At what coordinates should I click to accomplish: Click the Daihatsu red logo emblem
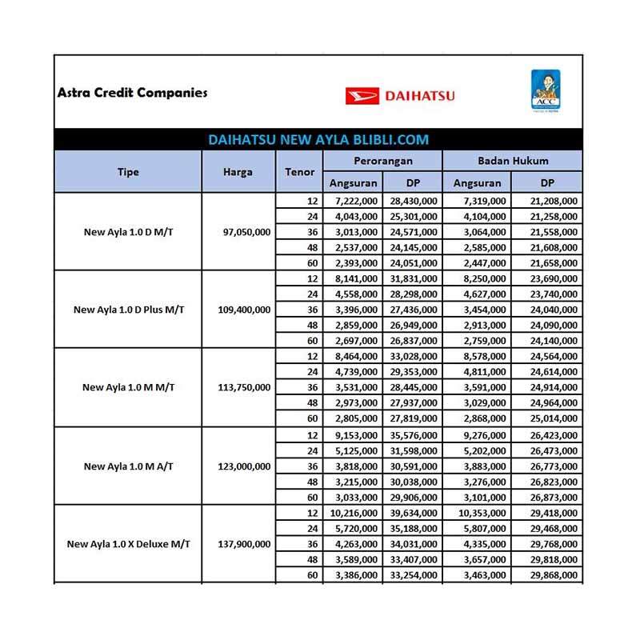(x=362, y=96)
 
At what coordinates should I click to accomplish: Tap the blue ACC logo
(x=545, y=92)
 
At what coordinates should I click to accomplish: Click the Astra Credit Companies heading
(x=132, y=92)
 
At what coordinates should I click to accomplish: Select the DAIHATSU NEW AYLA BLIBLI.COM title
(x=318, y=139)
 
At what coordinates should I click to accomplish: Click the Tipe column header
(x=128, y=172)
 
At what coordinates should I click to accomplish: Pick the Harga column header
(x=238, y=172)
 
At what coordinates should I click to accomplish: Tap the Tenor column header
(x=299, y=172)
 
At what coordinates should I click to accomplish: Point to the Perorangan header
(x=382, y=162)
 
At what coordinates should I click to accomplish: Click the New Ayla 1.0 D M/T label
(x=128, y=231)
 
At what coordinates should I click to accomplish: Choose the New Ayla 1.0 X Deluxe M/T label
(x=128, y=543)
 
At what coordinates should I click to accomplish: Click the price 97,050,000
(x=244, y=231)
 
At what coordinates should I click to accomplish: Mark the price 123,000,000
(x=244, y=466)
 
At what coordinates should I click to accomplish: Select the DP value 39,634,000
(x=413, y=512)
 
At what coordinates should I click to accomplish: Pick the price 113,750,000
(x=244, y=387)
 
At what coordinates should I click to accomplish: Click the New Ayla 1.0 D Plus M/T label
(x=128, y=309)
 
